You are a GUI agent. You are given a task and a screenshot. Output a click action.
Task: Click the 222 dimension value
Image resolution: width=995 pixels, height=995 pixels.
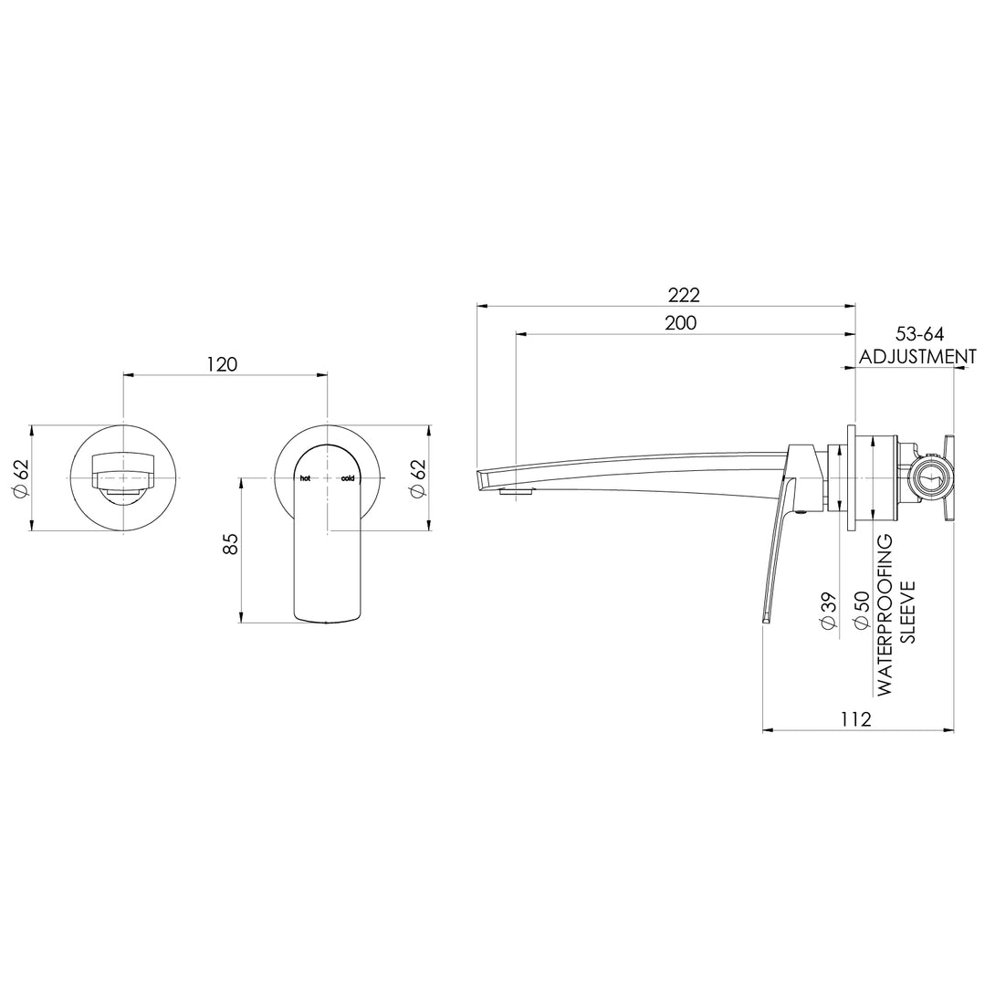[683, 295]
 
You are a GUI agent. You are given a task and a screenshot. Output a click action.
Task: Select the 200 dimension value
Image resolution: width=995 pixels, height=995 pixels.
[680, 323]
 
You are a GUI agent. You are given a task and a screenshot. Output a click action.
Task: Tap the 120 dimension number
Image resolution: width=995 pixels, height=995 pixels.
[222, 364]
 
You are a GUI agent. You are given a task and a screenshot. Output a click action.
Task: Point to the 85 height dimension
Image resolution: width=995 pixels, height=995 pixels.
[230, 545]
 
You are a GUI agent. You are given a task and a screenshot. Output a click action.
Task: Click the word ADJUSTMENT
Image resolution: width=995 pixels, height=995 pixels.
[917, 357]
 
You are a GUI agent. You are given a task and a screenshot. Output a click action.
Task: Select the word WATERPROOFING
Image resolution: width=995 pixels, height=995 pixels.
[885, 616]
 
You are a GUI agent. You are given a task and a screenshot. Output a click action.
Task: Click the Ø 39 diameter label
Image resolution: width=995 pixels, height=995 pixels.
[829, 610]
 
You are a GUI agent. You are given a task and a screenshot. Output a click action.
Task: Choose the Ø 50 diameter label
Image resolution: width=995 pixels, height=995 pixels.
[858, 610]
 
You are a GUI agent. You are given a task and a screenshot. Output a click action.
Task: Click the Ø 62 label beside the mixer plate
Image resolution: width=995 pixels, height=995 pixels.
[418, 477]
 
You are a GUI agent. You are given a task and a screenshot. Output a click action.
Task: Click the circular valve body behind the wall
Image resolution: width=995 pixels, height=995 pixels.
[929, 477]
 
